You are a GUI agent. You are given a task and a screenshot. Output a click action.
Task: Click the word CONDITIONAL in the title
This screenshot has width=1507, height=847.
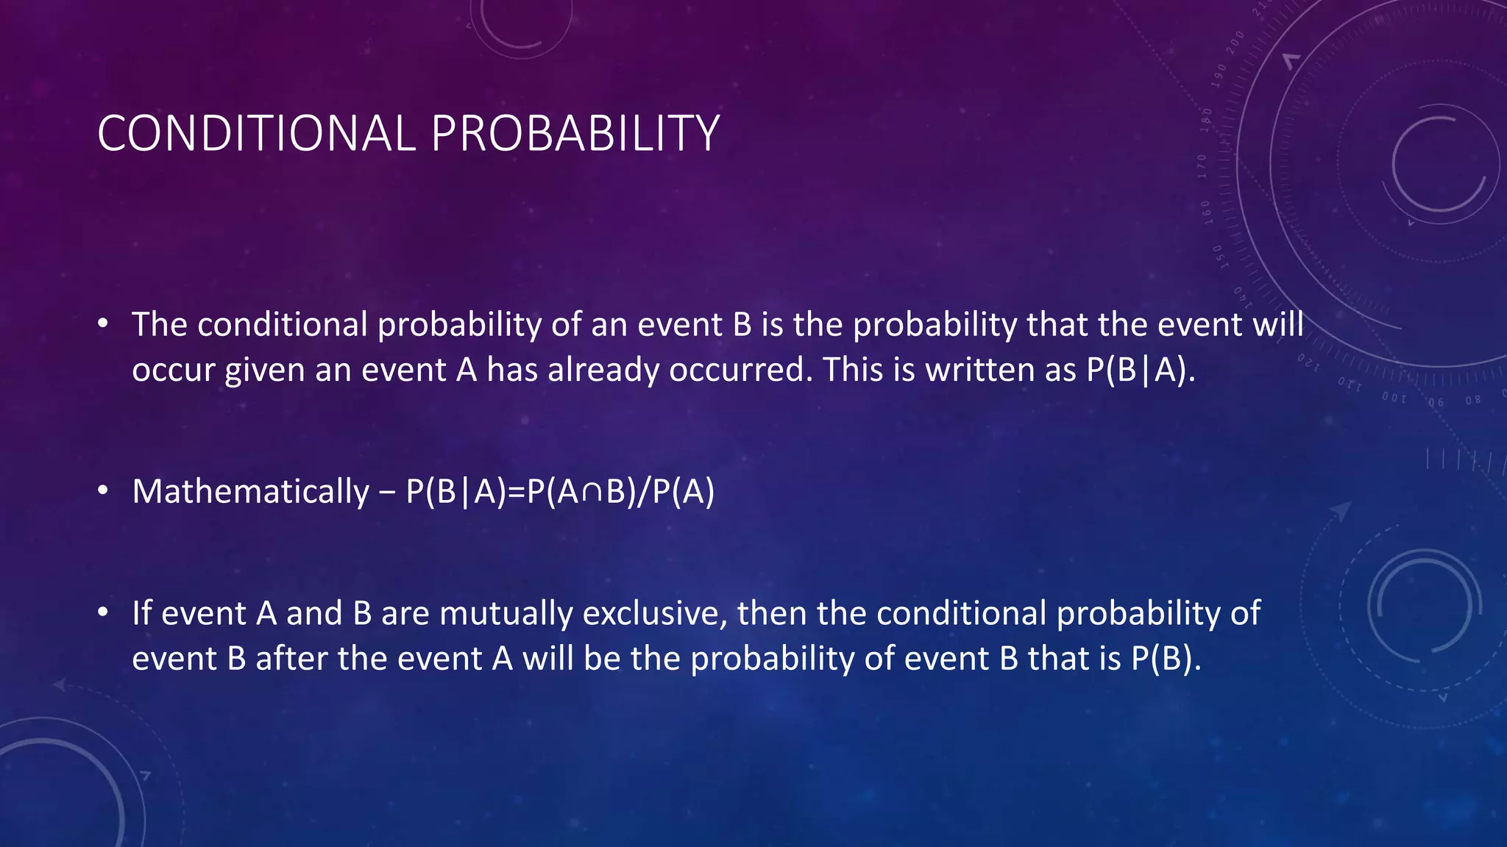(256, 134)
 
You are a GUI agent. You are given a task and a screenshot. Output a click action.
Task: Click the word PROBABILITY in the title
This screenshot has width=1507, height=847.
(575, 134)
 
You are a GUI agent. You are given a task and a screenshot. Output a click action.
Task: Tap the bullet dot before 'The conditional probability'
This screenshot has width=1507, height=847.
(103, 324)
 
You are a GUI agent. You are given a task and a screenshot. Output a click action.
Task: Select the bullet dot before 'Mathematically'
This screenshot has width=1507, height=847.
(103, 490)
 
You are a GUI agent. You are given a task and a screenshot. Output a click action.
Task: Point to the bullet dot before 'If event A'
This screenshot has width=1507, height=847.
(103, 612)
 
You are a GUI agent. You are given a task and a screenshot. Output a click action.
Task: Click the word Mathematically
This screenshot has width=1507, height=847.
(250, 492)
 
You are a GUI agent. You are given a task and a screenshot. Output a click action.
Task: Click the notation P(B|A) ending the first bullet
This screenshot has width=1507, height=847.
(1138, 370)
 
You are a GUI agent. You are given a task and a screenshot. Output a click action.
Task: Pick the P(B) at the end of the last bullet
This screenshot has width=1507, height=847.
(1162, 659)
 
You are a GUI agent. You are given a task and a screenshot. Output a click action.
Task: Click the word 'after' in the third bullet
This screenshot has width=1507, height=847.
(291, 659)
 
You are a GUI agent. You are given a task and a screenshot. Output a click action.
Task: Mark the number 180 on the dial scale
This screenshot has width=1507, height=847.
(1205, 120)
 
